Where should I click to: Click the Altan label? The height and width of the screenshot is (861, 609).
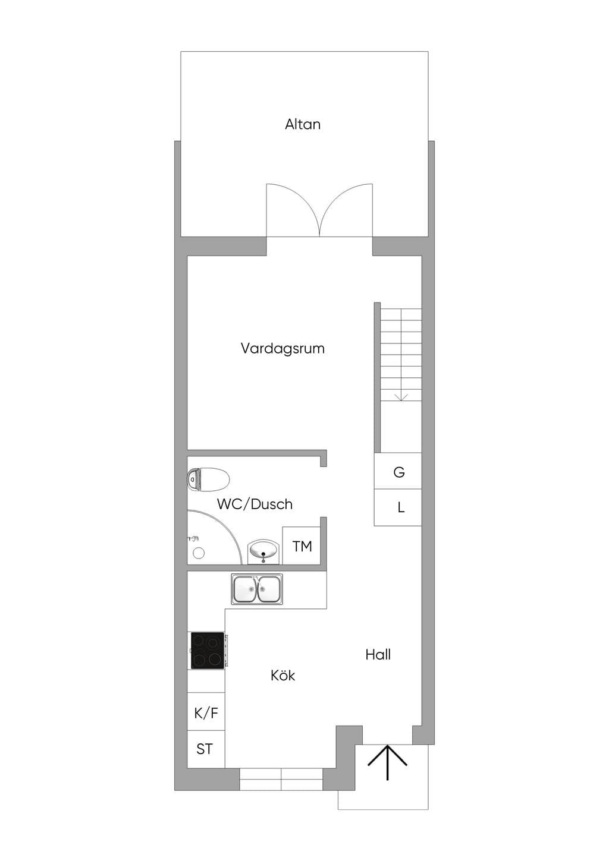coord(302,124)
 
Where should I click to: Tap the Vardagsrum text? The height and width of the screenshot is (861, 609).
coord(282,348)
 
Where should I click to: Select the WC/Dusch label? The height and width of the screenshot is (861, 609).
coord(255,504)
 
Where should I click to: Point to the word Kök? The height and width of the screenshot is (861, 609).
coord(282,676)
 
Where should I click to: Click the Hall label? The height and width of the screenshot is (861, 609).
coord(378,654)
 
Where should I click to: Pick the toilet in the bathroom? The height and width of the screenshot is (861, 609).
coord(208,480)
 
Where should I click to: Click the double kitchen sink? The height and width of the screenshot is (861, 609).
coord(256,589)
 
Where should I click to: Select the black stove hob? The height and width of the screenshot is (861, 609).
coord(208,651)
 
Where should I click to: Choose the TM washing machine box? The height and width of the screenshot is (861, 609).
coord(302,545)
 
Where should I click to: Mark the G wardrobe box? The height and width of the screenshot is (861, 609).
coord(398,471)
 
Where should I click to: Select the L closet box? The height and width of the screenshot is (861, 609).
coord(398,507)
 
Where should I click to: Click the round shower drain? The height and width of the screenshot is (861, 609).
coord(199,553)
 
